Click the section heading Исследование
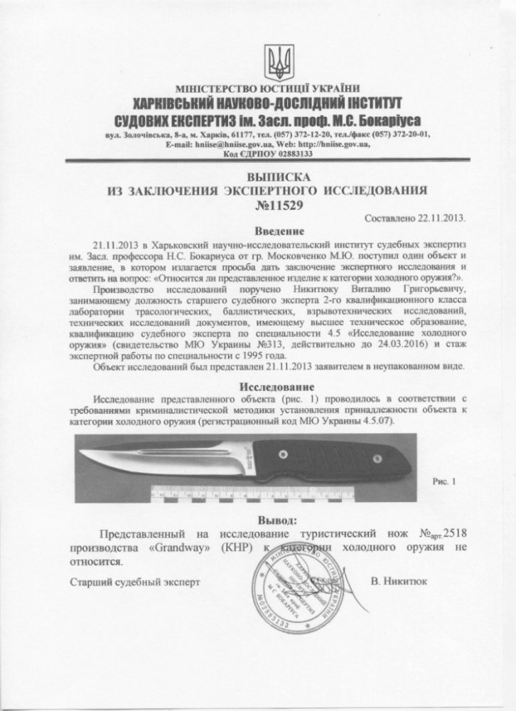tap(273, 386)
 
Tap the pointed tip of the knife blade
tap(76, 455)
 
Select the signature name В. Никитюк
tap(399, 581)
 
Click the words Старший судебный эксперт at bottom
tap(135, 581)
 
